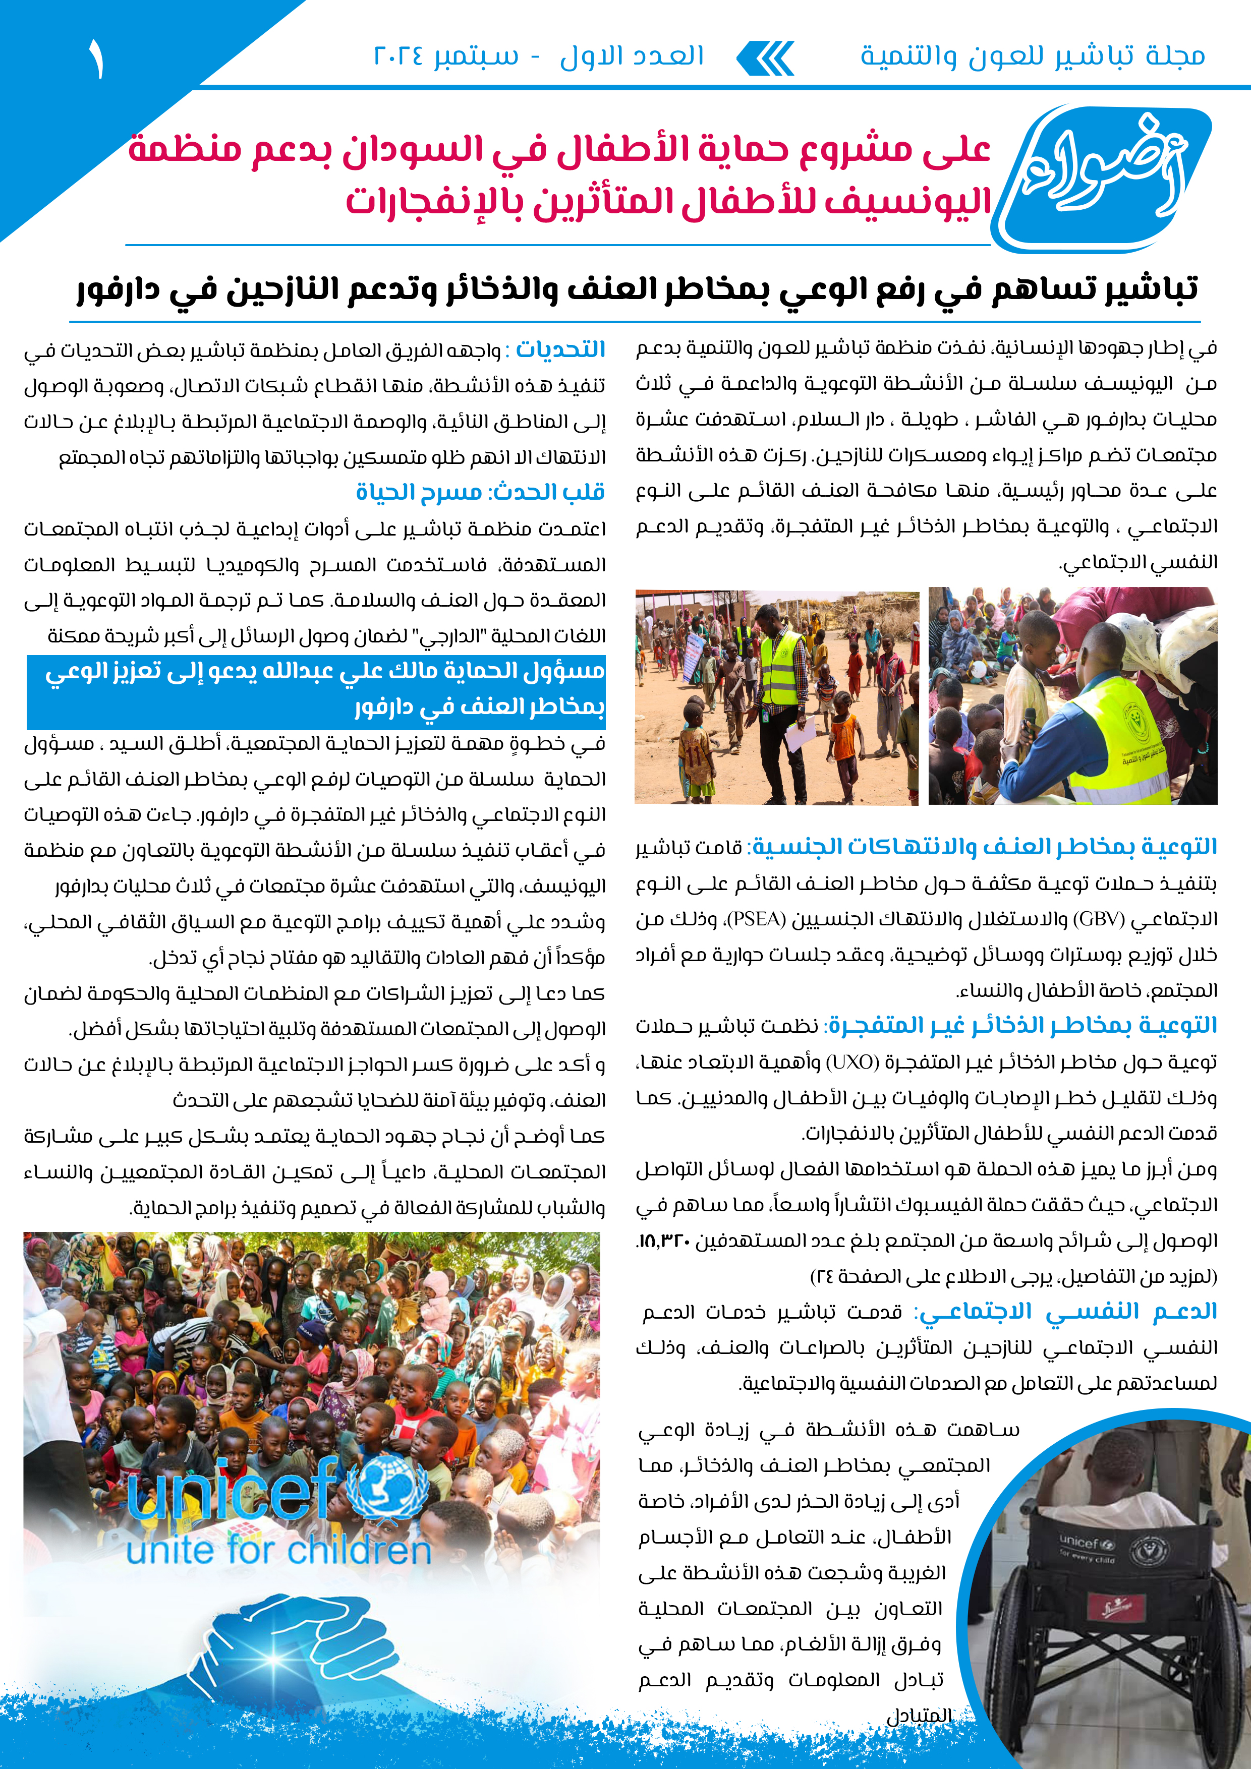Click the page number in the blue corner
pyautogui.click(x=95, y=60)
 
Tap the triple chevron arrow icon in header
pyautogui.click(x=765, y=58)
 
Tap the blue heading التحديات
pyautogui.click(x=560, y=350)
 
